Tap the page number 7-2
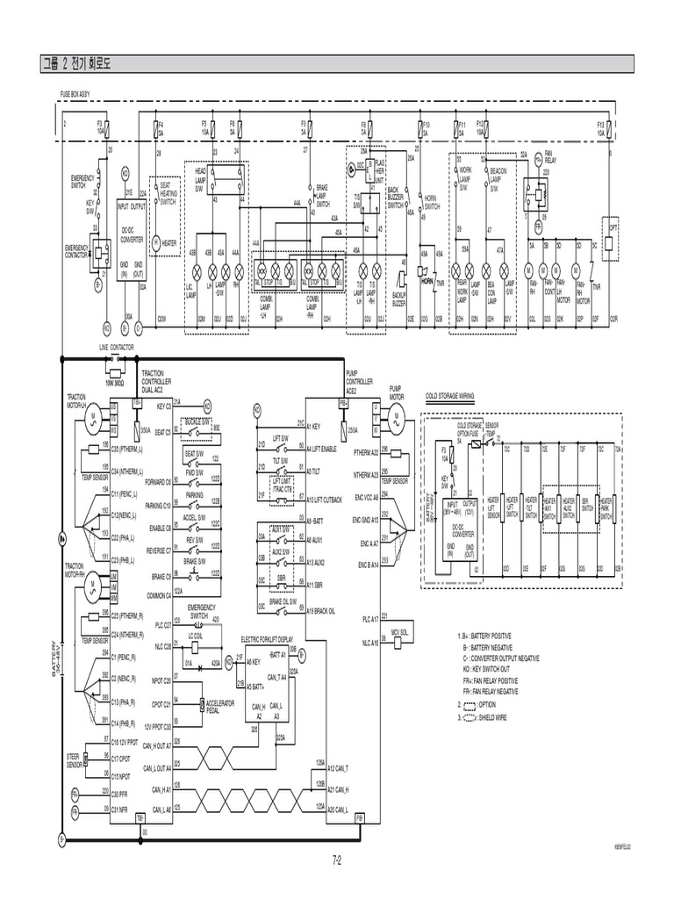click(336, 859)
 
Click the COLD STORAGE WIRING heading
click(449, 396)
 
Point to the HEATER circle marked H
click(156, 241)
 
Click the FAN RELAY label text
click(550, 159)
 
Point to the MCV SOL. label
click(400, 632)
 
